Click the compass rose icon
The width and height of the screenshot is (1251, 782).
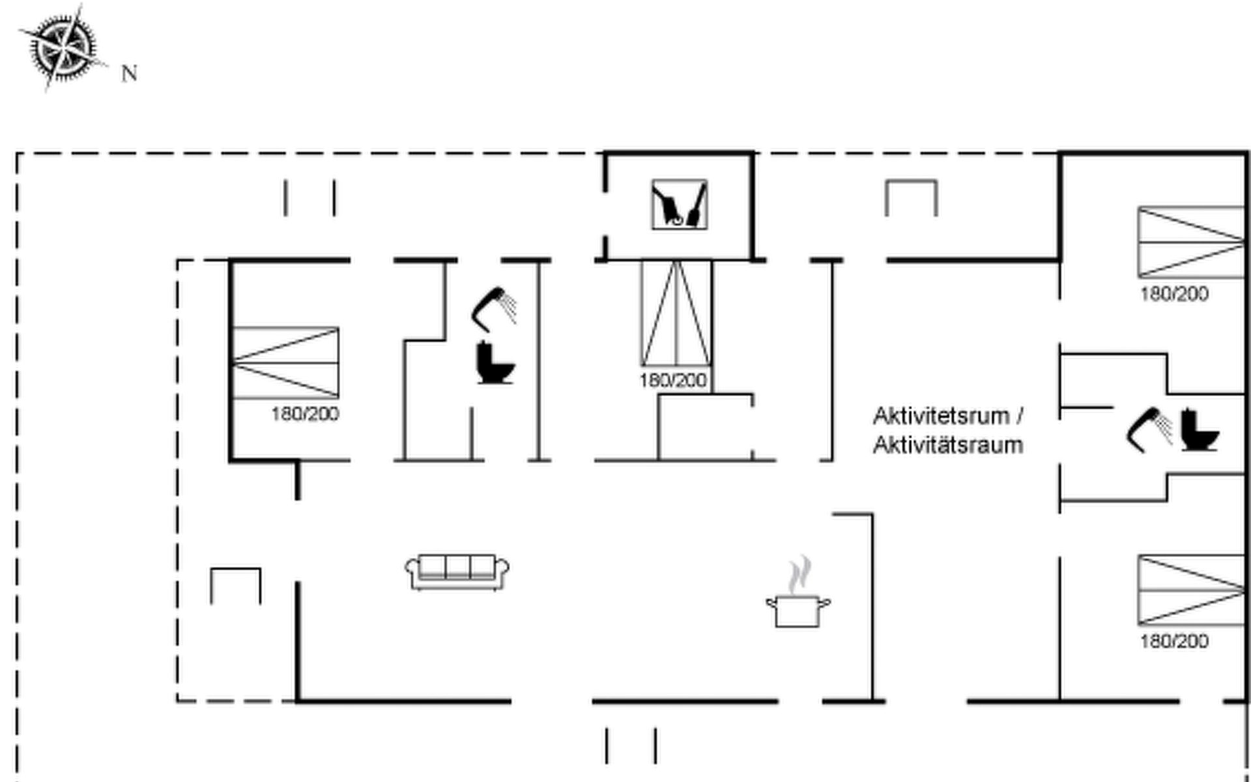[x=63, y=47]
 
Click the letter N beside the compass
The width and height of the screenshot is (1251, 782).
[x=129, y=74]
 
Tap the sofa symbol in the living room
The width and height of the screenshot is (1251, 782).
[x=457, y=572]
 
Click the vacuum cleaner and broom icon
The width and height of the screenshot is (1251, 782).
[x=679, y=205]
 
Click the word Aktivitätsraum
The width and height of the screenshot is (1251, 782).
[x=947, y=446]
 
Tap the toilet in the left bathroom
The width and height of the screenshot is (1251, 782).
[x=495, y=362]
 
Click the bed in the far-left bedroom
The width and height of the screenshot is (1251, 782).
[x=285, y=362]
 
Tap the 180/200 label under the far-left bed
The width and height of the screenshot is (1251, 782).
[x=305, y=414]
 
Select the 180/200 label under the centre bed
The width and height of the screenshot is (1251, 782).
[x=672, y=380]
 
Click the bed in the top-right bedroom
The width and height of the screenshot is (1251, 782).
[x=1191, y=242]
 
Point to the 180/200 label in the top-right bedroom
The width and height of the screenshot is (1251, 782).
[x=1174, y=293]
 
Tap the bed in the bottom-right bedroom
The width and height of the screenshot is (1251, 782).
[x=1191, y=590]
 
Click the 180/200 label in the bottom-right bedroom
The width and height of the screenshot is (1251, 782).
[x=1174, y=641]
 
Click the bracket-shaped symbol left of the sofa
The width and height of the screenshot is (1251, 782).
[x=236, y=585]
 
